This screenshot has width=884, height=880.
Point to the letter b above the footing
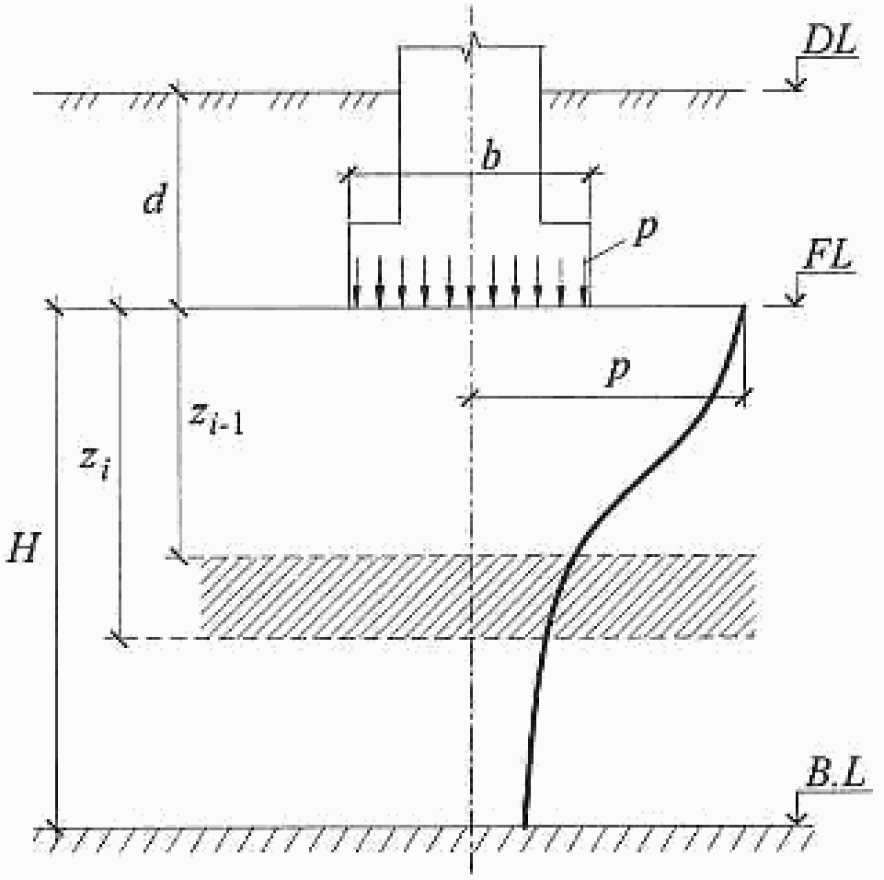tap(491, 157)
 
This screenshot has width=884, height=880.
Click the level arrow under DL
tap(797, 83)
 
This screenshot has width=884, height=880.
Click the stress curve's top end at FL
tap(741, 308)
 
